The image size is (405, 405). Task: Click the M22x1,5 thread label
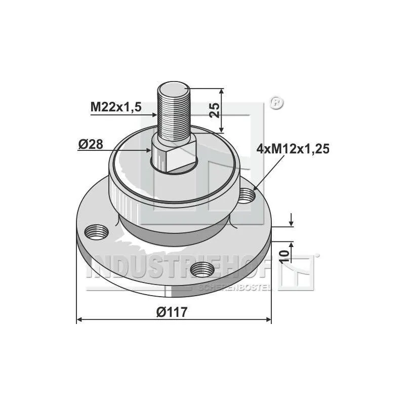[x=116, y=107]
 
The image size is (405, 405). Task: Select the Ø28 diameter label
[x=91, y=144]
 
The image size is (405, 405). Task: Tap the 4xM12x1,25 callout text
[x=294, y=149]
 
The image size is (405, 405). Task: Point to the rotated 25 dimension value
[x=215, y=109]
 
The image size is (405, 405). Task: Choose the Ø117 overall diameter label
[x=172, y=312]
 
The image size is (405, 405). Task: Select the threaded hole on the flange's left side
[x=97, y=233]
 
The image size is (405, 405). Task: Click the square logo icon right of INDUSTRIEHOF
[x=298, y=273]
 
